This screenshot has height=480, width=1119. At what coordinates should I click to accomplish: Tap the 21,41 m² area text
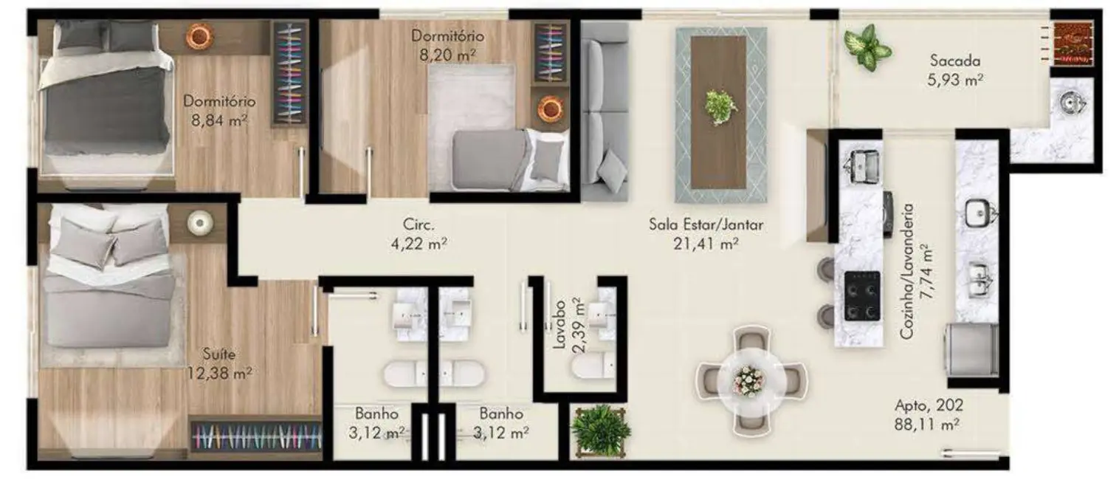(x=706, y=243)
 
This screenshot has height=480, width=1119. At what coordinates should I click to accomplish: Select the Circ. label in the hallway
(x=417, y=223)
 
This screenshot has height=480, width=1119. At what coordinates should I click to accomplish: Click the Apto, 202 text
(x=929, y=405)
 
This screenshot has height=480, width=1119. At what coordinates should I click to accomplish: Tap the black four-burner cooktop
(x=861, y=295)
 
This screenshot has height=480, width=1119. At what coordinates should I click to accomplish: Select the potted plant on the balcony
(x=868, y=48)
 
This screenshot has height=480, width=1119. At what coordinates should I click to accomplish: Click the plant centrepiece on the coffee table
(x=720, y=107)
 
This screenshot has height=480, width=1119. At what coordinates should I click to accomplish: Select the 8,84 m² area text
(x=219, y=119)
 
